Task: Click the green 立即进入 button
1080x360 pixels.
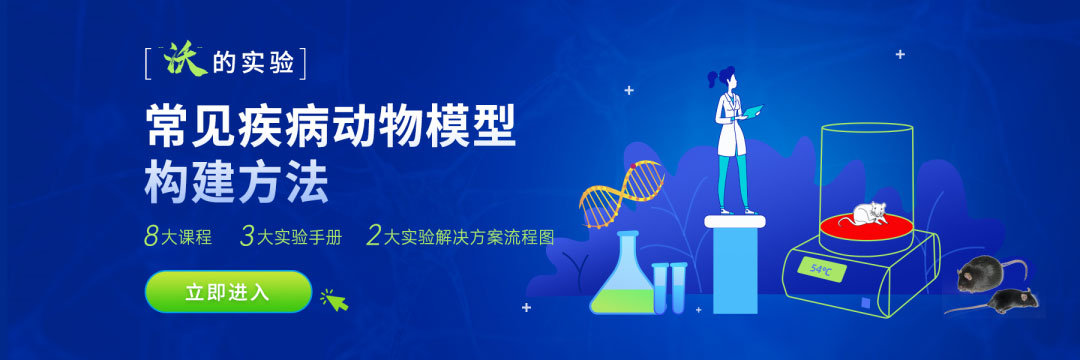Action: point(228,292)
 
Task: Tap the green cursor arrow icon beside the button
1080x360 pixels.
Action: point(334,298)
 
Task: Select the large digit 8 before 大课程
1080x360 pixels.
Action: point(152,236)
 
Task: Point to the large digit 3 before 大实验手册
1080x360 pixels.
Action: point(247,236)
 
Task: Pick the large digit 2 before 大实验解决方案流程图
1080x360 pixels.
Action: point(374,236)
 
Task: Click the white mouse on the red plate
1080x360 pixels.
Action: point(866,213)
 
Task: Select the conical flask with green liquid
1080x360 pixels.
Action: point(620,279)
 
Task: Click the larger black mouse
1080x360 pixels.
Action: point(990,273)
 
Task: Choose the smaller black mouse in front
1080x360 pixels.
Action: point(1010,301)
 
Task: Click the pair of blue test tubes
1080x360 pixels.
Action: point(669,286)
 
